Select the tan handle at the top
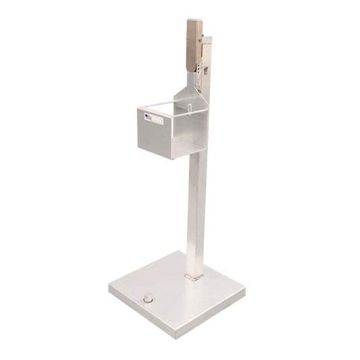(195, 44)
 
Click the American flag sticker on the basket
(147, 116)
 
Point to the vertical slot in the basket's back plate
(190, 111)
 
